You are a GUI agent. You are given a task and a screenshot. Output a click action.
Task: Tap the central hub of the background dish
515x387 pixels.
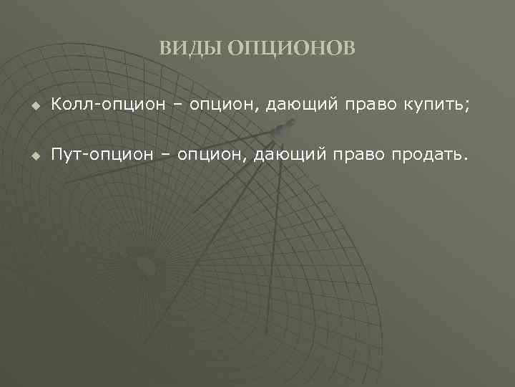146,265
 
